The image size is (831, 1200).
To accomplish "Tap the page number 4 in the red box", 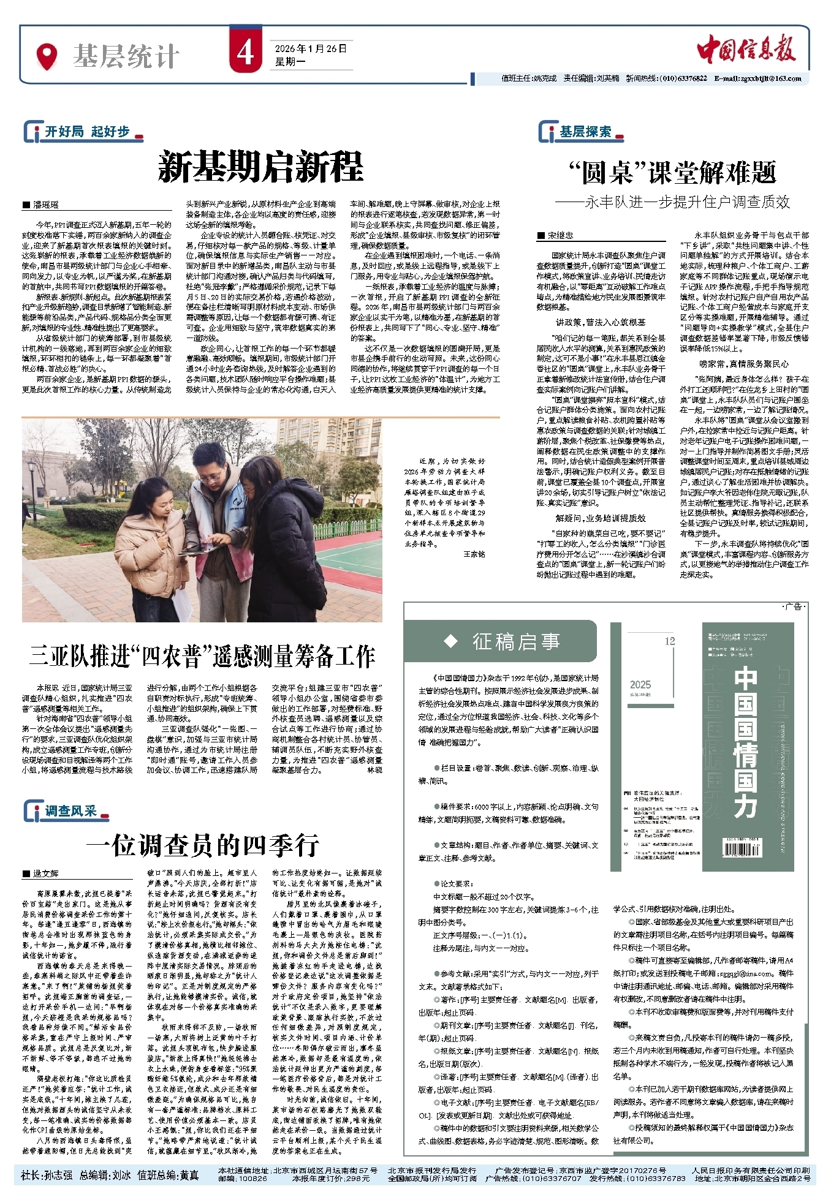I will [245, 53].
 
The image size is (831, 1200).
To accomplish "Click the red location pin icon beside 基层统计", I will [47, 56].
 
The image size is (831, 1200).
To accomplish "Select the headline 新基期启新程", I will [260, 167].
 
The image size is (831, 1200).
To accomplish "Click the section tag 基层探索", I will [585, 132].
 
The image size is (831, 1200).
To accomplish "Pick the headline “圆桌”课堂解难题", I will [672, 173].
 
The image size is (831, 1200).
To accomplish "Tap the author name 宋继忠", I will [560, 235].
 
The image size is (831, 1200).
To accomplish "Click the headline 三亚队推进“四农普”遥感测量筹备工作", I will [202, 656].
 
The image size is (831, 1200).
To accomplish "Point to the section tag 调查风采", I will [70, 811].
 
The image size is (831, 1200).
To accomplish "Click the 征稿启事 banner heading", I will [515, 641].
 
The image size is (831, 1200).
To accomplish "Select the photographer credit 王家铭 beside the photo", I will [474, 554].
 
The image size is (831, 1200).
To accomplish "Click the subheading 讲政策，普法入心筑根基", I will [600, 322].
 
